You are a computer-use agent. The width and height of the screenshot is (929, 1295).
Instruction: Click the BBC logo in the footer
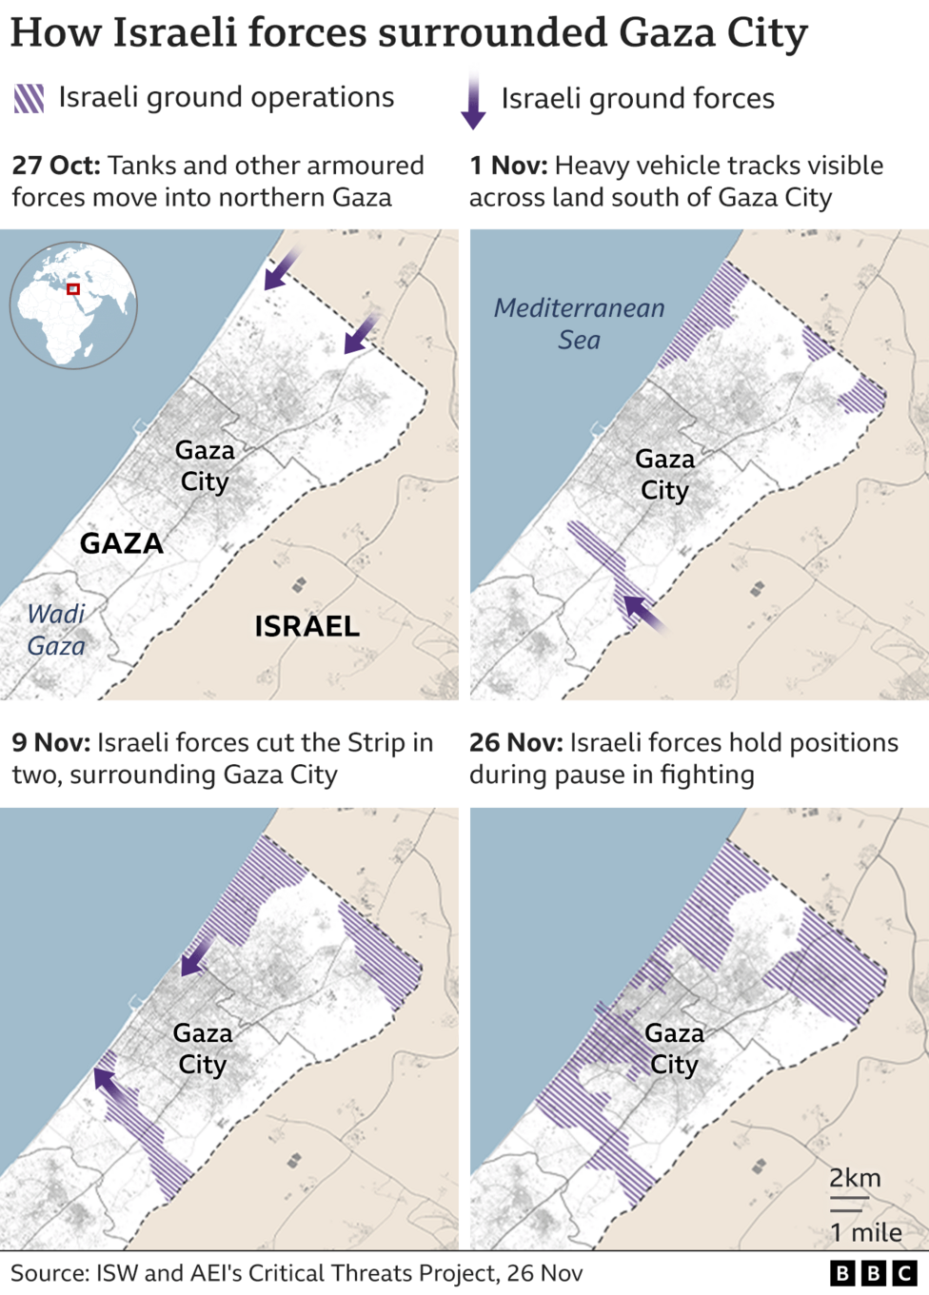(872, 1273)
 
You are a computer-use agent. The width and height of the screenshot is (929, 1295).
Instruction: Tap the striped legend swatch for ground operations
(29, 98)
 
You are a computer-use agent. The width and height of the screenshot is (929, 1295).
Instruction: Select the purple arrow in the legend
(473, 100)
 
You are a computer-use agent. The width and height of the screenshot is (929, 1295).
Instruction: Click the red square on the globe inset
(73, 288)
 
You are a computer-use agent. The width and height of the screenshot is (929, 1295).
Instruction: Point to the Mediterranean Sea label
(579, 324)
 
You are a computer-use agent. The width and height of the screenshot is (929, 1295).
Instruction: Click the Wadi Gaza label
(56, 630)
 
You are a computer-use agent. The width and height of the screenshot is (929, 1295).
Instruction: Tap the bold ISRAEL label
(306, 626)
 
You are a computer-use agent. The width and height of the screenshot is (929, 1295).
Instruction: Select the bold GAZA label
(121, 543)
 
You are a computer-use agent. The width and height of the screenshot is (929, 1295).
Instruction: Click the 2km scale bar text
(854, 1178)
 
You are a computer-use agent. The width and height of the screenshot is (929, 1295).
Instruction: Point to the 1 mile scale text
(865, 1232)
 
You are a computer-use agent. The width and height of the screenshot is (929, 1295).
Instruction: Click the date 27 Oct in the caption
(55, 166)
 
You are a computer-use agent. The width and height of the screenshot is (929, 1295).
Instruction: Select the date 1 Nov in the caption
(507, 166)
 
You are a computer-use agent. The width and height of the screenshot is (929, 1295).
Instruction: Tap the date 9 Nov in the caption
(50, 743)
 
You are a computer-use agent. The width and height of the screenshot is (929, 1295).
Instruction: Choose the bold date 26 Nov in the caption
(515, 743)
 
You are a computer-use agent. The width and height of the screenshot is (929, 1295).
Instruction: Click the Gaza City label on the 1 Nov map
(664, 475)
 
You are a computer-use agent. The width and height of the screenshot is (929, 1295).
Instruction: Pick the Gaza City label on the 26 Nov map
(674, 1049)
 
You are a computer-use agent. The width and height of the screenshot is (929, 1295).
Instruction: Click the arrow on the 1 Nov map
(644, 613)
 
